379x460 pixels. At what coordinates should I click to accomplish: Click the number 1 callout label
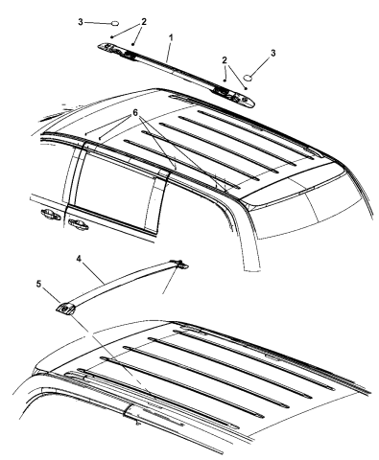[171, 37]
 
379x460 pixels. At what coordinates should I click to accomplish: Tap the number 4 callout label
[79, 258]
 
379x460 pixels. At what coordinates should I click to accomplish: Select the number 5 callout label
[38, 284]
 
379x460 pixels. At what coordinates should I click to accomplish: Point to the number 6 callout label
[135, 112]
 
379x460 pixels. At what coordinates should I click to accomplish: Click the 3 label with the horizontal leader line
[81, 22]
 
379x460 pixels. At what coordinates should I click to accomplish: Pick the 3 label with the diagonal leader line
[272, 53]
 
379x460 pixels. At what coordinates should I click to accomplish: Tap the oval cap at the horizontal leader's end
[115, 23]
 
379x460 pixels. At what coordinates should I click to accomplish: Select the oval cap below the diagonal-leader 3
[249, 77]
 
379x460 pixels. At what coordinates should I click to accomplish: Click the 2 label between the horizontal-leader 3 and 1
[144, 22]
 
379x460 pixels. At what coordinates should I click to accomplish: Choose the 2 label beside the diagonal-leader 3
[225, 60]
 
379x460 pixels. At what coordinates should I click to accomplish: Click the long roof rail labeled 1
[177, 73]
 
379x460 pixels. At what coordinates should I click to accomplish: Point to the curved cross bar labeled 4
[122, 285]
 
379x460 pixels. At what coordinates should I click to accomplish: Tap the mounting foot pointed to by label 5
[65, 308]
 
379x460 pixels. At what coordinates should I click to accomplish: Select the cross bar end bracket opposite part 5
[181, 264]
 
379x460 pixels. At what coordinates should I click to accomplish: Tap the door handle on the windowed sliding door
[78, 224]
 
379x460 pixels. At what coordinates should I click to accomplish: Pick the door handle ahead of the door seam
[50, 215]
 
